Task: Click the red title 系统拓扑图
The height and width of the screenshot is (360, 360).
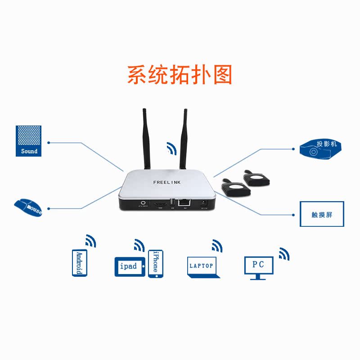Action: pos(179,75)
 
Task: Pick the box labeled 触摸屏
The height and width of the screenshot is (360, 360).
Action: pos(321,214)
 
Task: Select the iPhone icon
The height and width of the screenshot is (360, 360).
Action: pos(155,264)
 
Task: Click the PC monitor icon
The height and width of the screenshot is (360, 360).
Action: pos(258,267)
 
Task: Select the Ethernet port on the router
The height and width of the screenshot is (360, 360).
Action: pos(183,203)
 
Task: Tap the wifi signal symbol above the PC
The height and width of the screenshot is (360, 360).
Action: pos(283,254)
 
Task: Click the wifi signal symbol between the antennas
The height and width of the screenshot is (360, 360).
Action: pos(171,148)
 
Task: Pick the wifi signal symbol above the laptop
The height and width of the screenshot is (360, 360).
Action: pos(217,246)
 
